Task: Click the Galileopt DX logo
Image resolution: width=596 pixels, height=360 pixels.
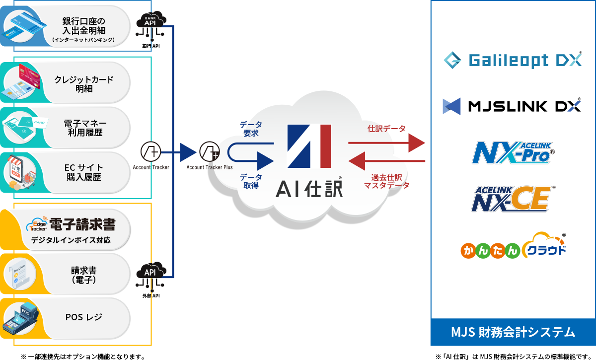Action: pyautogui.click(x=513, y=61)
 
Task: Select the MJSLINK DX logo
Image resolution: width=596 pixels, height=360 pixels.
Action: pyautogui.click(x=513, y=106)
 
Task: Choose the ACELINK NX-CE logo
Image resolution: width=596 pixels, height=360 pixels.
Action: pyautogui.click(x=512, y=199)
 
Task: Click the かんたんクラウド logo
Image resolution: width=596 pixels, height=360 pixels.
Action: pyautogui.click(x=513, y=246)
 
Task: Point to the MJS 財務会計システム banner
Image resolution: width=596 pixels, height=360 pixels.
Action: pyautogui.click(x=513, y=332)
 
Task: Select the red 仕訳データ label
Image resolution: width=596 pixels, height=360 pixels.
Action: pyautogui.click(x=386, y=129)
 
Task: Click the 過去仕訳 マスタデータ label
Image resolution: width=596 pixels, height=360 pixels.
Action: pyautogui.click(x=387, y=181)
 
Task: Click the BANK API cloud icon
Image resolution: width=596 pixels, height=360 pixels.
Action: pyautogui.click(x=150, y=22)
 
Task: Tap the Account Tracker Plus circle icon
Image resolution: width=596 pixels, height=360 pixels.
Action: pyautogui.click(x=210, y=150)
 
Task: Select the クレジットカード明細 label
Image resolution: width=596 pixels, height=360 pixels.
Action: pyautogui.click(x=84, y=84)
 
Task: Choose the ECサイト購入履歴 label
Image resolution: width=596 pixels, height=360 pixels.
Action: pyautogui.click(x=83, y=172)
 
